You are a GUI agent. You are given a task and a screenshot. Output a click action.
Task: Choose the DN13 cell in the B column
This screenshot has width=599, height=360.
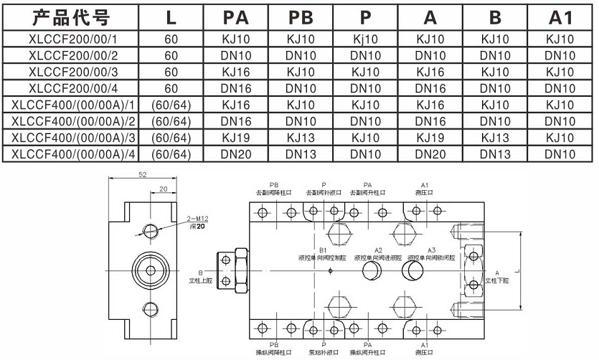click(495, 153)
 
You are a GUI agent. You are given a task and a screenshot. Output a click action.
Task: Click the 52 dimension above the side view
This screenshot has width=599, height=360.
click(142, 176)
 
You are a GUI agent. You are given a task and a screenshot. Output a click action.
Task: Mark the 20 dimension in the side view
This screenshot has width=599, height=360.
click(164, 189)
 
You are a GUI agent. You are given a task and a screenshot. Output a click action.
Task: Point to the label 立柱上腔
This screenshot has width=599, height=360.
click(201, 280)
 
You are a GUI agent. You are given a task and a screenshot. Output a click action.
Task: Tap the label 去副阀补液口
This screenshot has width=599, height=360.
click(324, 192)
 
